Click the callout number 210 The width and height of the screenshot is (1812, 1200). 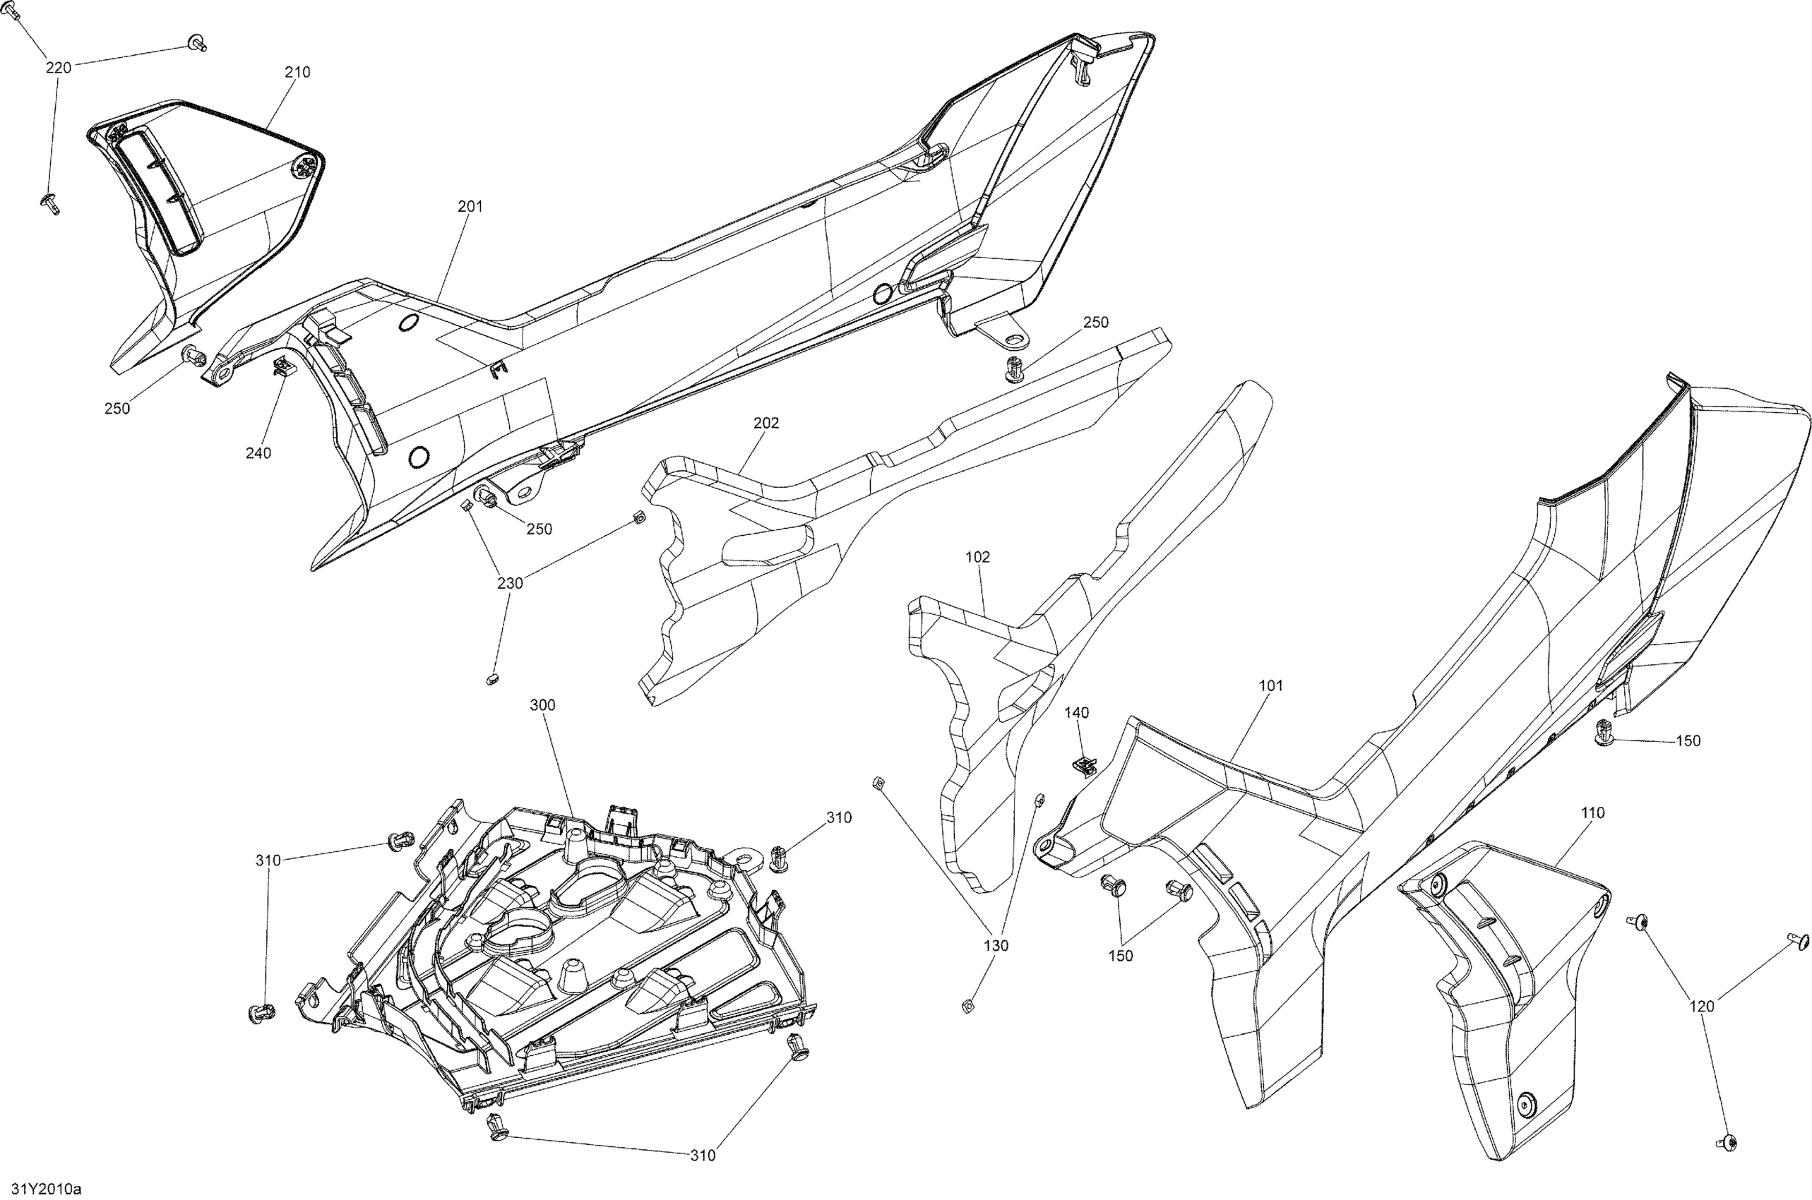pos(297,73)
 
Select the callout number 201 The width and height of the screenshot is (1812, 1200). pos(470,207)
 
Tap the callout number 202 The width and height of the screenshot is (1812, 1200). pos(765,424)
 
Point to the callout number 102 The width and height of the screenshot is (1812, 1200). pos(977,557)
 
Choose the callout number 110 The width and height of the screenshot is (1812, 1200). pos(1592,813)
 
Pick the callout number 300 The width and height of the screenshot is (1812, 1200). pos(542,706)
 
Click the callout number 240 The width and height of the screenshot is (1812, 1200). pos(258,454)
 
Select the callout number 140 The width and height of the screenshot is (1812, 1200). pos(1076,713)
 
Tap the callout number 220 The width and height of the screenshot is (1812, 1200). pos(58,68)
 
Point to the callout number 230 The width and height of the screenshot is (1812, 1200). pos(510,584)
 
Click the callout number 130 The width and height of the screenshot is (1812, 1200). pos(996,946)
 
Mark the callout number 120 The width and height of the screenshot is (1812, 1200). pos(1701,1007)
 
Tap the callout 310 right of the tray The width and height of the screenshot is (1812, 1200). pos(838,818)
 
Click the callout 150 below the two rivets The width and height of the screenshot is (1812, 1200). pos(1120,956)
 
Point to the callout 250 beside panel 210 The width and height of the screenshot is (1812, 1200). pos(117,409)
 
